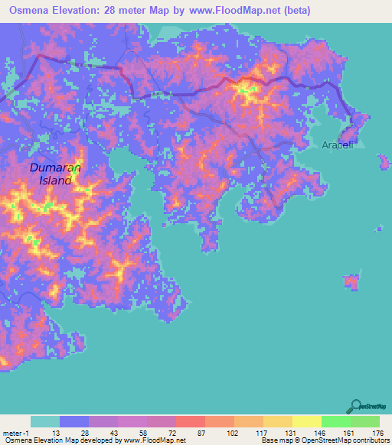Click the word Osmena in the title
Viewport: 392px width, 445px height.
click(31, 11)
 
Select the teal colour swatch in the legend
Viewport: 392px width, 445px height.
click(45, 421)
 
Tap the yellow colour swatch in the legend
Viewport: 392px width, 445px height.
click(307, 421)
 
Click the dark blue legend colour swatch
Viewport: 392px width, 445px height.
click(74, 421)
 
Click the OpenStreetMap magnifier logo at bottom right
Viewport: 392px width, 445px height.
click(356, 405)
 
